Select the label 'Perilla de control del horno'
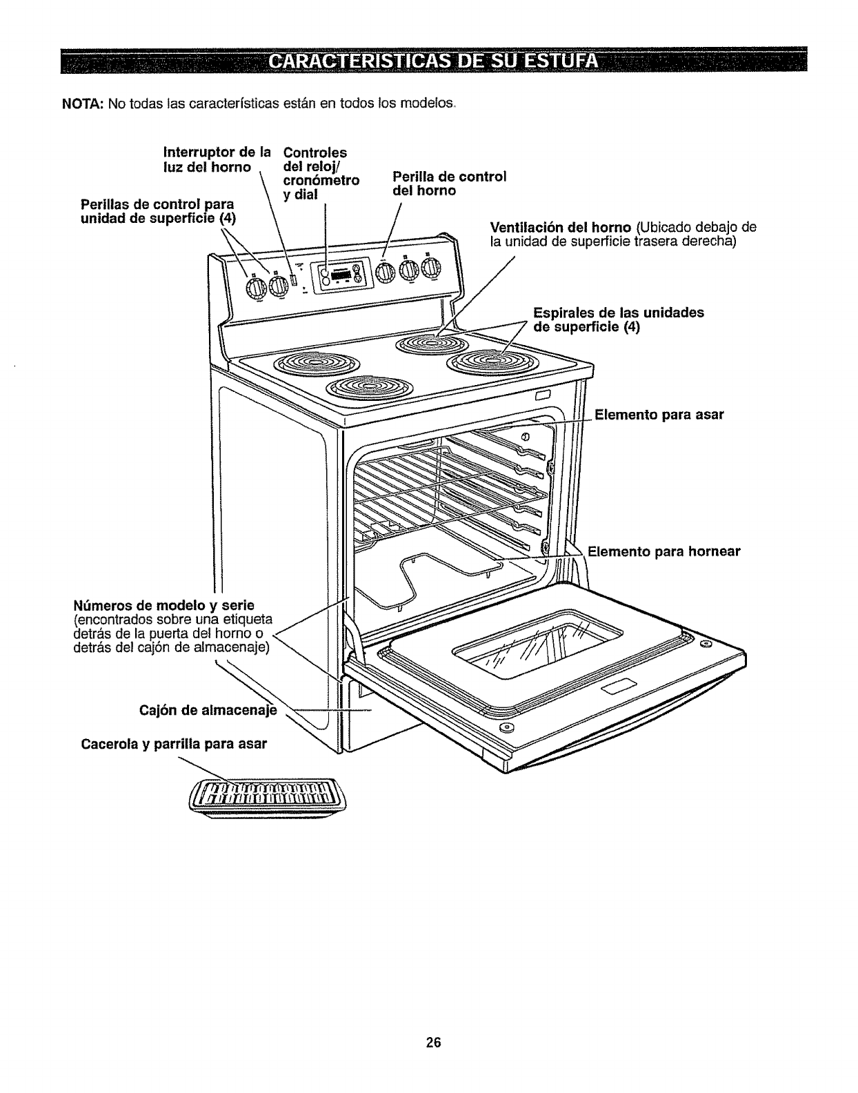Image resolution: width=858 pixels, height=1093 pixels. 449,183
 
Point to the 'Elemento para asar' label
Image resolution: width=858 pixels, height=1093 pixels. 659,415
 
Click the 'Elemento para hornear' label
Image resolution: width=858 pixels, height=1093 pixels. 663,551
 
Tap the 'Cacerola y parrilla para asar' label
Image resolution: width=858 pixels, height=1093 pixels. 173,745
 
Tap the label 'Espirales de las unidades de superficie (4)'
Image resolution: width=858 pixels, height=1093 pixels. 619,319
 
